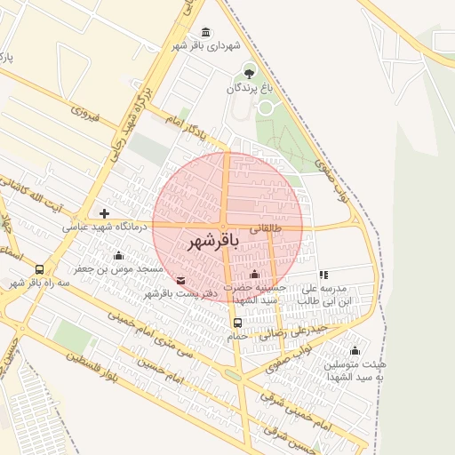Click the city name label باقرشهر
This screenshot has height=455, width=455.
pyautogui.click(x=214, y=242)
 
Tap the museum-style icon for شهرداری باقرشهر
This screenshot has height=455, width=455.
pyautogui.click(x=206, y=33)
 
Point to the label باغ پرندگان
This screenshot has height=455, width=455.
pyautogui.click(x=251, y=88)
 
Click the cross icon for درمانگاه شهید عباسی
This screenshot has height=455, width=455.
pyautogui.click(x=105, y=213)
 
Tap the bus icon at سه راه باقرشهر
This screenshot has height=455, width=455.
pyautogui.click(x=39, y=269)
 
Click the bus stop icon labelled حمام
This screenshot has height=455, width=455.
pyautogui.click(x=236, y=323)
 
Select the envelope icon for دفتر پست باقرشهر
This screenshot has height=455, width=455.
pyautogui.click(x=181, y=281)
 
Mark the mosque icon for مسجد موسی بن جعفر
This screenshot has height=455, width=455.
pyautogui.click(x=118, y=256)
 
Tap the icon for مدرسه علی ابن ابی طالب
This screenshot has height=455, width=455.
pyautogui.click(x=323, y=275)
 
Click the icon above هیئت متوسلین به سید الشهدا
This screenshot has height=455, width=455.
pyautogui.click(x=355, y=350)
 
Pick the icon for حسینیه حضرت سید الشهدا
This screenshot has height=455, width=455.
pyautogui.click(x=255, y=275)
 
